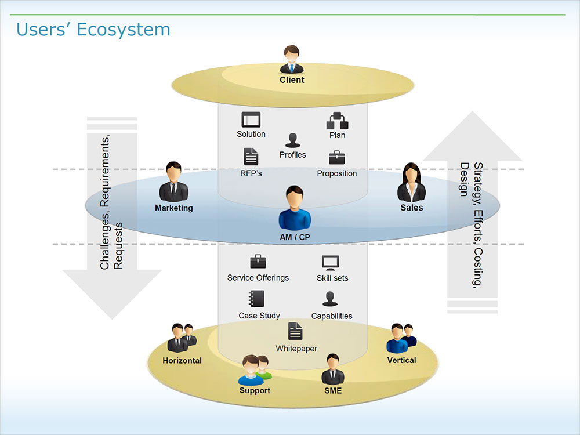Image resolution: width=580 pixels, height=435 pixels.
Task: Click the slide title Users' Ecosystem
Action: coord(93,29)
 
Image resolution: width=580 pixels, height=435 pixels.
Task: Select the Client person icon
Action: coord(292,60)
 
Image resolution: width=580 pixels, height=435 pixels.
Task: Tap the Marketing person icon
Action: coord(173,182)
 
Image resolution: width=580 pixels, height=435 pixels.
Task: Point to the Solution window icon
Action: coord(251,119)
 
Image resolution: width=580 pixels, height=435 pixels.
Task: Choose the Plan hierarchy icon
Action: coord(337,121)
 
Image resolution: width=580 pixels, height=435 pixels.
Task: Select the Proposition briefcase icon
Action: coord(337,158)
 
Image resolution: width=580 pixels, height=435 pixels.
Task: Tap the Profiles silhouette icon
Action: coord(292,140)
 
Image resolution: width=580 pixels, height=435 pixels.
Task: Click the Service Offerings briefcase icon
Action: coord(258,262)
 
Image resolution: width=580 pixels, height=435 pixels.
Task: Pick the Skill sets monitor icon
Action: coord(330,263)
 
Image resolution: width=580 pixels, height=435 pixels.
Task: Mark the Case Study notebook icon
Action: coord(256,299)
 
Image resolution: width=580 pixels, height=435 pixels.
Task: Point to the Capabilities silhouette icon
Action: coord(331,299)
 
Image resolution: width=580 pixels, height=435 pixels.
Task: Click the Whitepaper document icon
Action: coord(296,331)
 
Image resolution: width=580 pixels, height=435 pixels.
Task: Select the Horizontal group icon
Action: coord(181,338)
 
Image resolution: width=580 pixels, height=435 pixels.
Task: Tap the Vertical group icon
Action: coord(401,338)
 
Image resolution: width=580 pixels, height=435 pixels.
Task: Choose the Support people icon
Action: coord(255,370)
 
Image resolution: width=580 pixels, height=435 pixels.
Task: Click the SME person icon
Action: coord(333,369)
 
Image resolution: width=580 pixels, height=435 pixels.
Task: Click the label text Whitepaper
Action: coord(296,349)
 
